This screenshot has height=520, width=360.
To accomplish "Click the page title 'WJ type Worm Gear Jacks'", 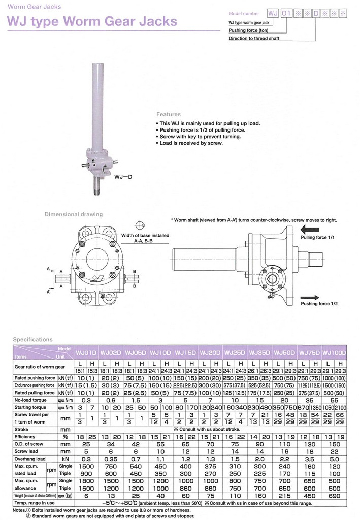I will click(92, 22).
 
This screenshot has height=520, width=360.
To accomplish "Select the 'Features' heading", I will click(168, 114).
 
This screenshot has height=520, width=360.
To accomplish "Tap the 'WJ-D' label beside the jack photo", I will click(123, 177).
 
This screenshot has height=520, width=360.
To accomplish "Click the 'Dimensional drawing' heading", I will click(73, 214).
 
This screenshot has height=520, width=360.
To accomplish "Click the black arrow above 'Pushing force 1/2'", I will click(310, 297).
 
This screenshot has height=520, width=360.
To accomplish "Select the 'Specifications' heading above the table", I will click(32, 339).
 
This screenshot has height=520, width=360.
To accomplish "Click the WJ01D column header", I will click(86, 352).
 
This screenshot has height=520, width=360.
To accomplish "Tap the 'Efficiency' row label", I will click(26, 436).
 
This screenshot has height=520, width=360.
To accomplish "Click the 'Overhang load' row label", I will click(30, 458).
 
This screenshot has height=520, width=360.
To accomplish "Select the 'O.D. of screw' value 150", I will click(335, 444).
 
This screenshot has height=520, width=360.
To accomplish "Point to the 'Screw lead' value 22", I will click(335, 451).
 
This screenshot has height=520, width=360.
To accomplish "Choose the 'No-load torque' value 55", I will click(335, 400).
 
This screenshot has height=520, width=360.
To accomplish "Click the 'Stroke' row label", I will click(22, 429).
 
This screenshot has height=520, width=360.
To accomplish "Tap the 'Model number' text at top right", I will click(244, 14).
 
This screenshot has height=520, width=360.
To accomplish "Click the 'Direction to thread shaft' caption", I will click(254, 38).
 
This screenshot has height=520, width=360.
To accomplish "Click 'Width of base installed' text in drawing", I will click(145, 236).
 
